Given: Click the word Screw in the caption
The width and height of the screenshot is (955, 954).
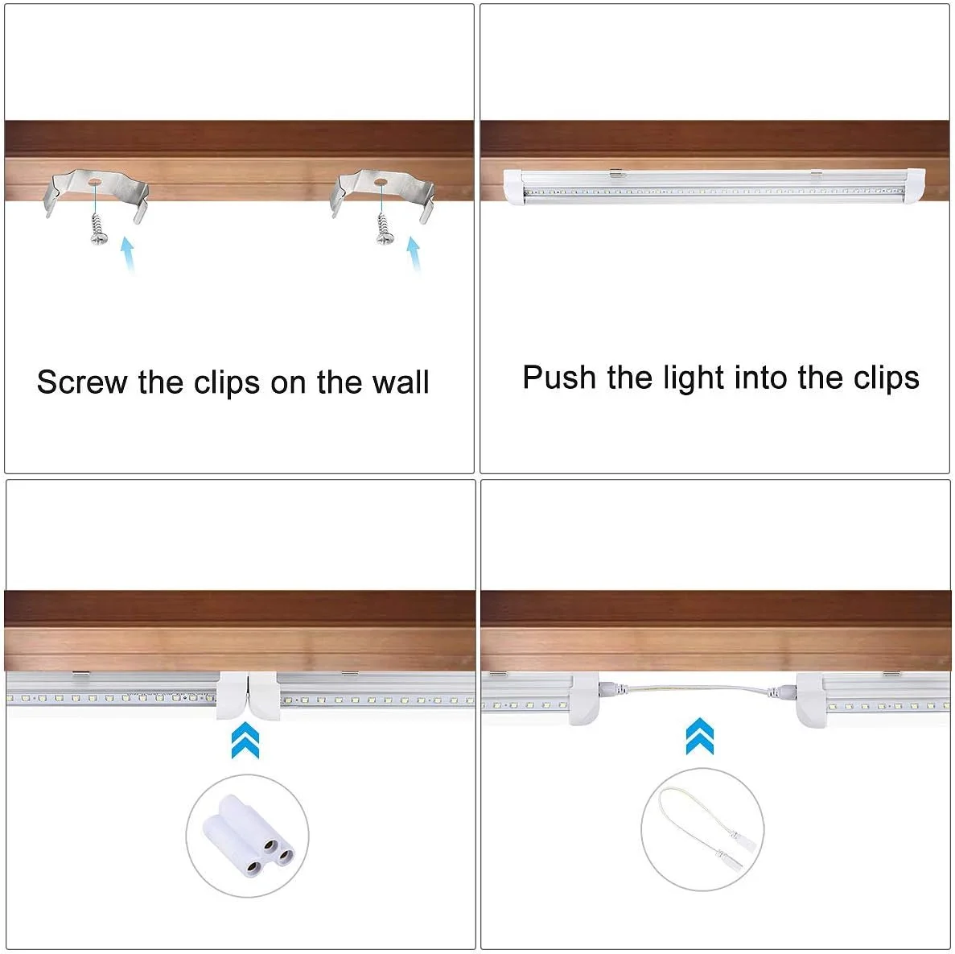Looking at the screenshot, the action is pyautogui.click(x=82, y=382).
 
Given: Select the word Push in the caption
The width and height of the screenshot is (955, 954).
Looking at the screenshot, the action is pyautogui.click(x=559, y=377).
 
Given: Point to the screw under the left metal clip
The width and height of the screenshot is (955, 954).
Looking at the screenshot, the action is pyautogui.click(x=97, y=229).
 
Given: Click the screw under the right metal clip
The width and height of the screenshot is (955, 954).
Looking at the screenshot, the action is pyautogui.click(x=384, y=229).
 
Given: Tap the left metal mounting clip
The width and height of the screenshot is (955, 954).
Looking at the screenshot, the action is pyautogui.click(x=96, y=192).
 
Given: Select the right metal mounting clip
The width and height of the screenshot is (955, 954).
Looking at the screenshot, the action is pyautogui.click(x=382, y=192).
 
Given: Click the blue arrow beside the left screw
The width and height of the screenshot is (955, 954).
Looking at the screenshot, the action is pyautogui.click(x=128, y=254).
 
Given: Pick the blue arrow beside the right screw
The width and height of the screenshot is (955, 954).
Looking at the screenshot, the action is pyautogui.click(x=414, y=254).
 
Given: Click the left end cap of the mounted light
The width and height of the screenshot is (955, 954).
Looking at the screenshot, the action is pyautogui.click(x=514, y=187).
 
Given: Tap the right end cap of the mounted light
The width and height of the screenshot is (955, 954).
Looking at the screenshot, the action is pyautogui.click(x=914, y=185).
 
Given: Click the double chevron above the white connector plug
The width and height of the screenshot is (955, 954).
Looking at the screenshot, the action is pyautogui.click(x=245, y=740).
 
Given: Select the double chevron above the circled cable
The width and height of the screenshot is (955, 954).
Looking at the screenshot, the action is pyautogui.click(x=700, y=736).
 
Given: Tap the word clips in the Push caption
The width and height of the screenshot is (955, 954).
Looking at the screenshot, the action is pyautogui.click(x=886, y=379).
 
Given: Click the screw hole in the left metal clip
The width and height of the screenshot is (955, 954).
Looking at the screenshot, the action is pyautogui.click(x=95, y=182).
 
